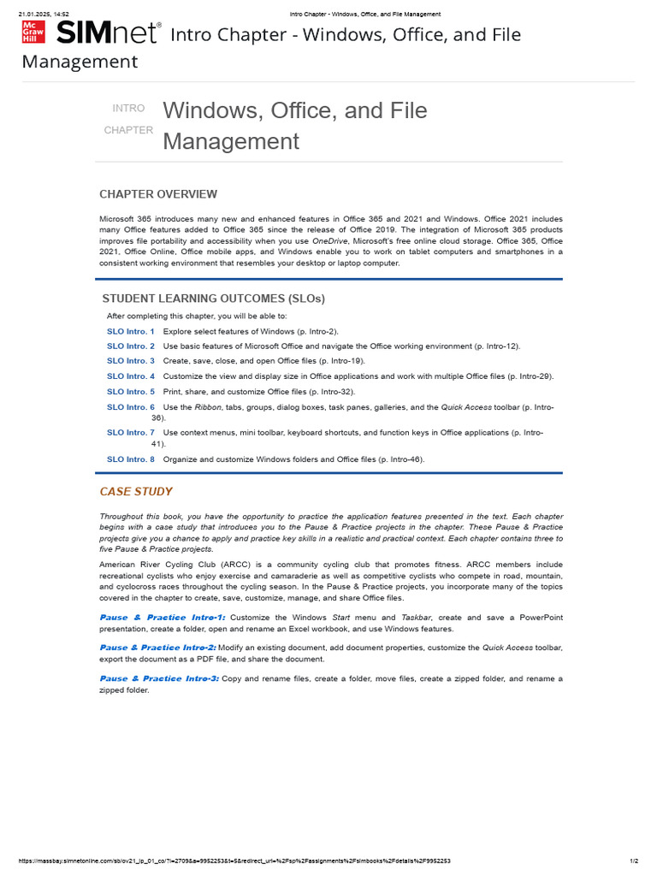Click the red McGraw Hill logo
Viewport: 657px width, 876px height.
33,33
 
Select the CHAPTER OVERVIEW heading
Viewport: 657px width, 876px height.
158,194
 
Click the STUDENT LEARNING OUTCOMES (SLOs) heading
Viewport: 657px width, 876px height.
213,299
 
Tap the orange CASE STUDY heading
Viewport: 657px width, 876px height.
136,492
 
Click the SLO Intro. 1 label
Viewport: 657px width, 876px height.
131,331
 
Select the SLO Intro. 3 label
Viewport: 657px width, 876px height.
131,361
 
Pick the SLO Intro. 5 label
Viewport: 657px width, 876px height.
131,392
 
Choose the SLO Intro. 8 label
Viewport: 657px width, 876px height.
131,459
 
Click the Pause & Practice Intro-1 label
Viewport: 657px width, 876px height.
163,618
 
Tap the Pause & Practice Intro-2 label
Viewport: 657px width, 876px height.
158,648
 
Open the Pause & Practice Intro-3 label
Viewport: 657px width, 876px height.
159,678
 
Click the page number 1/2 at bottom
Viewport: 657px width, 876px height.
634,861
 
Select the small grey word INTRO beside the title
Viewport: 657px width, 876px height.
128,108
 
